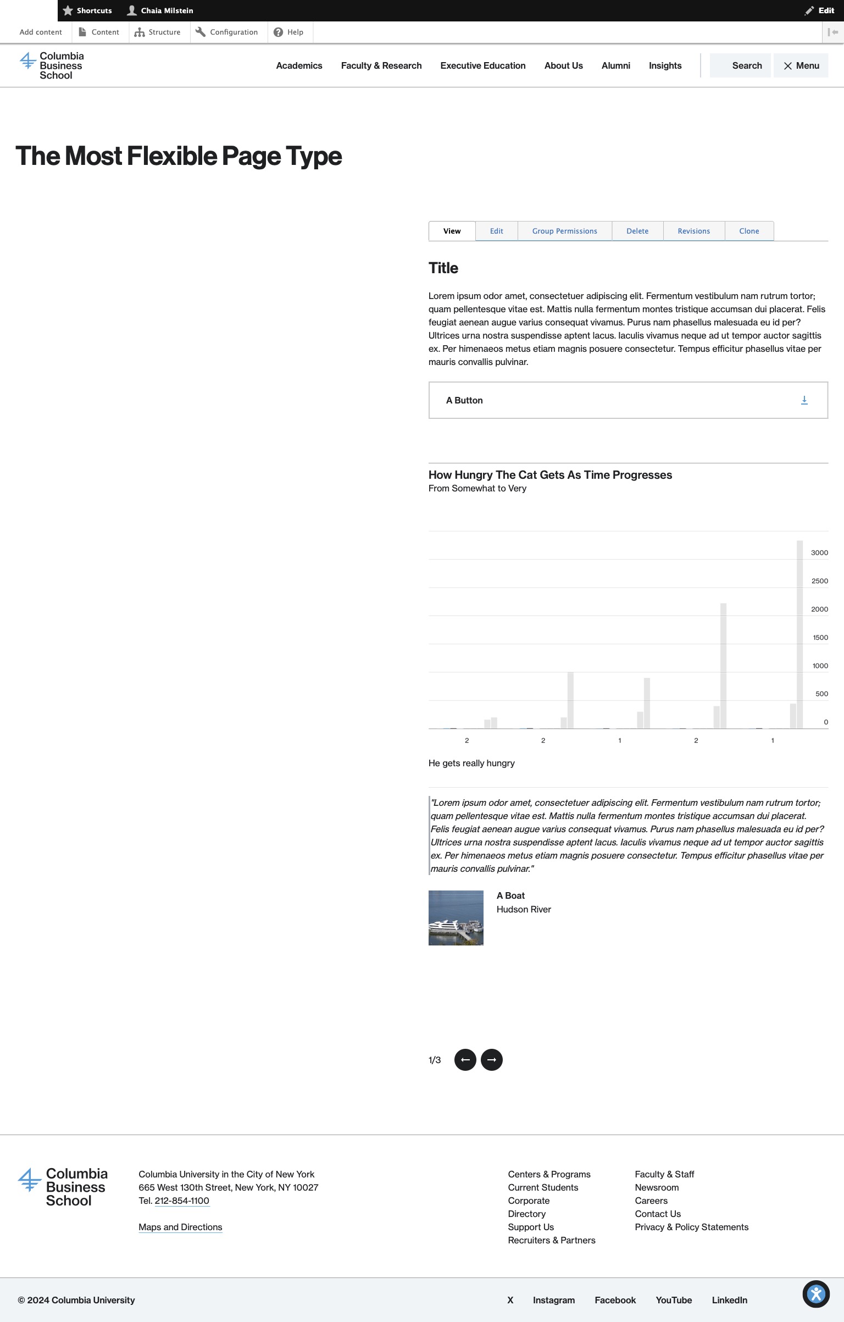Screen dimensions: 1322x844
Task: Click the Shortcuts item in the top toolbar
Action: click(88, 10)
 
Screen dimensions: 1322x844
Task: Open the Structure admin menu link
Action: click(158, 32)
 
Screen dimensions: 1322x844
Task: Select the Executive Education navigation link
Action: click(482, 65)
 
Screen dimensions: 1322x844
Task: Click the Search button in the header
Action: click(740, 65)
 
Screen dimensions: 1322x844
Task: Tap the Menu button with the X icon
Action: click(801, 65)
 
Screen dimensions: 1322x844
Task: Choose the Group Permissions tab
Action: click(564, 231)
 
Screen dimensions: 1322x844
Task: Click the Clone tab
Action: click(749, 231)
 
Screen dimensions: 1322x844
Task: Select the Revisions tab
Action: click(693, 231)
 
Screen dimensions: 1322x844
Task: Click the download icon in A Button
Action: click(804, 400)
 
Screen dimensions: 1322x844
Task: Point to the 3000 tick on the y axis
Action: click(819, 553)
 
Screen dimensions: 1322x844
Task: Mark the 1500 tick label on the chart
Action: click(820, 638)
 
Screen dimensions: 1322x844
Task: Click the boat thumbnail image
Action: click(456, 918)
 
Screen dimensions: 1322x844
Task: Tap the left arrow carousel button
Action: click(465, 1060)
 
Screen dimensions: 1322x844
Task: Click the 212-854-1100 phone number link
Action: click(182, 1201)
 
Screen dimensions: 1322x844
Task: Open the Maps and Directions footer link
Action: click(180, 1227)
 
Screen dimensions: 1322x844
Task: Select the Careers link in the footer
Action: click(651, 1201)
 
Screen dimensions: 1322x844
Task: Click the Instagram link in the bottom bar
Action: click(553, 1300)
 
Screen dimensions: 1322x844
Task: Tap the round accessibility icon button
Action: click(816, 1294)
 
